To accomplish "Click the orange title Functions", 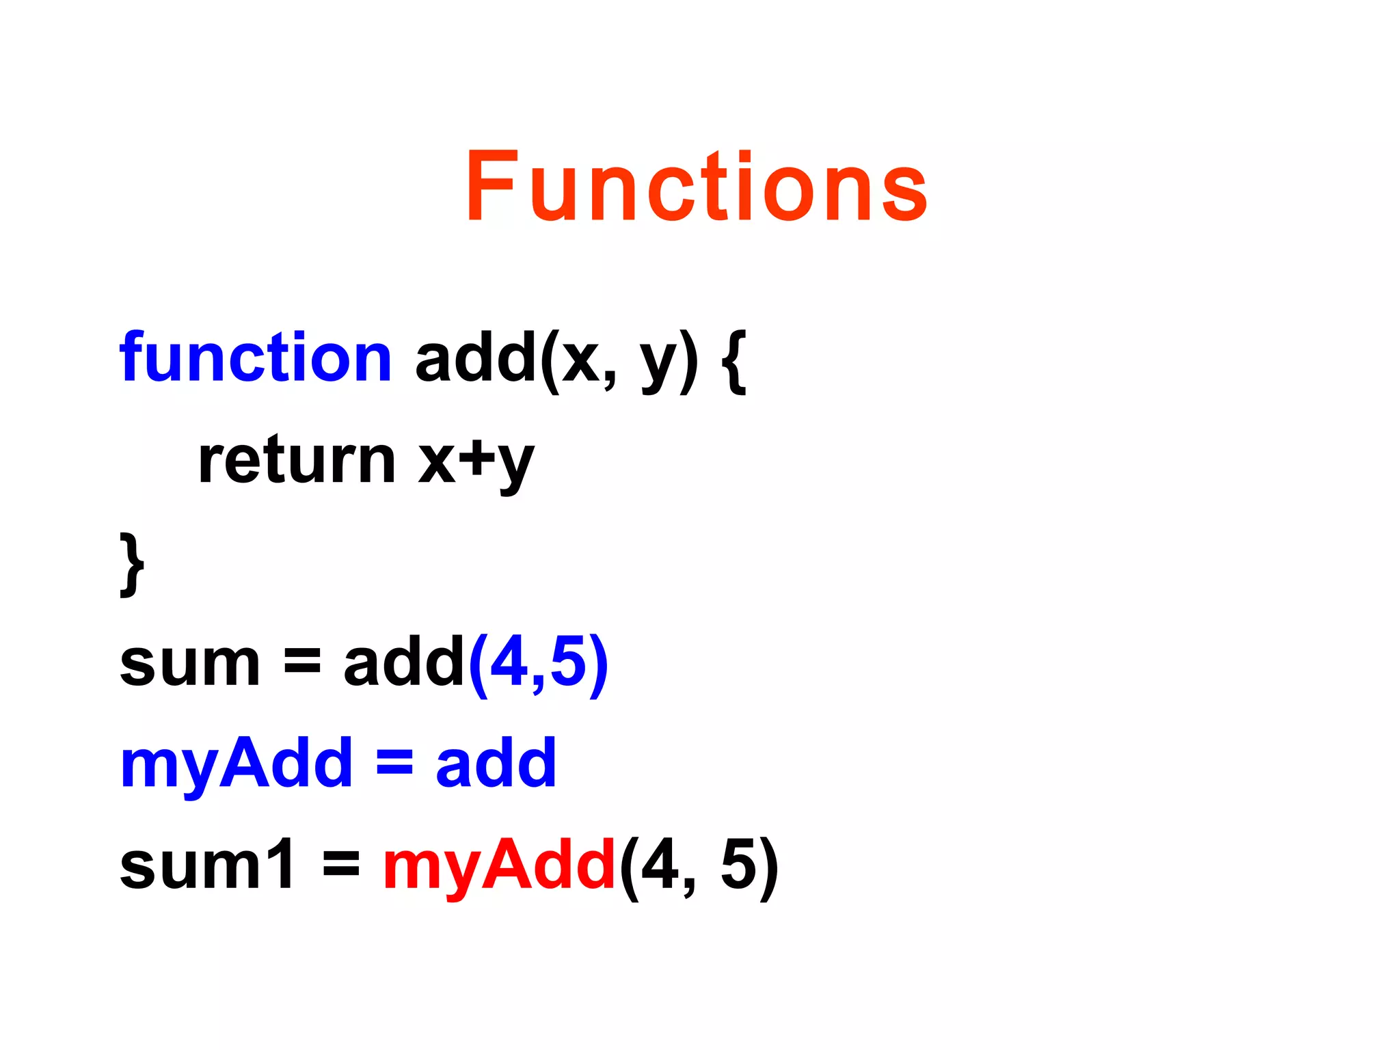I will (696, 187).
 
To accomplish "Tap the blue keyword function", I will (256, 357).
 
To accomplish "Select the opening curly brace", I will (734, 360).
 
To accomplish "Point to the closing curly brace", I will (132, 564).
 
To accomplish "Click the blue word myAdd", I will (237, 764).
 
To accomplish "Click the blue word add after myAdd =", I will (496, 764).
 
